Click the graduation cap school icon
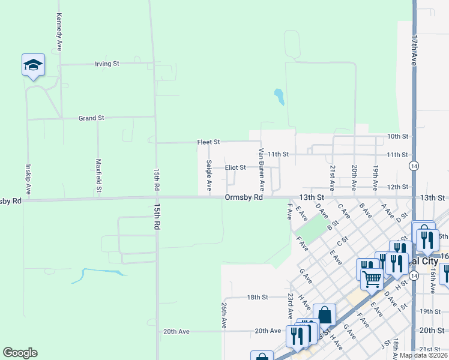tap(33, 65)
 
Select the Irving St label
tap(107, 63)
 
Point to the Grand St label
tap(91, 118)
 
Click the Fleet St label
tap(209, 142)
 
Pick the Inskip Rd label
tap(28, 176)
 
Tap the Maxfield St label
tap(98, 176)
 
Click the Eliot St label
tap(235, 167)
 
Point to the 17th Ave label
tap(414, 50)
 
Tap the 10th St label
tap(397, 137)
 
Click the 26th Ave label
tap(223, 314)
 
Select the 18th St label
tap(257, 297)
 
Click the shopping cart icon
tap(372, 277)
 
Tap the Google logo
tap(20, 353)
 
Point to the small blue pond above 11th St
tap(279, 96)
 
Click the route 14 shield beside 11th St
tap(414, 164)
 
